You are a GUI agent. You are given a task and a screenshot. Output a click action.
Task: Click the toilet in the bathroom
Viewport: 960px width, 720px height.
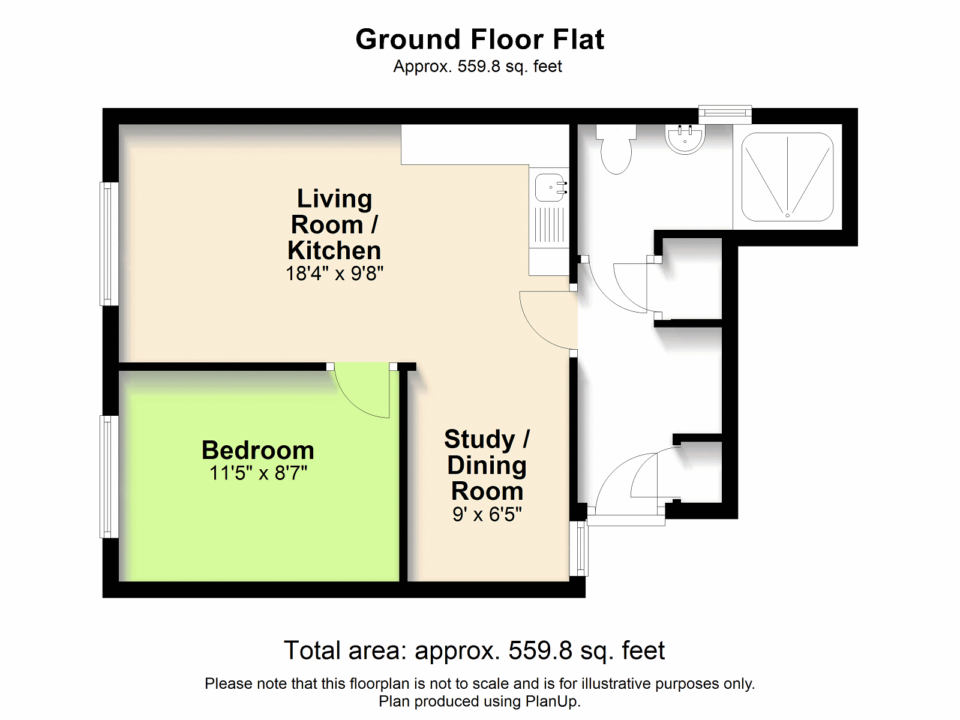[616, 149]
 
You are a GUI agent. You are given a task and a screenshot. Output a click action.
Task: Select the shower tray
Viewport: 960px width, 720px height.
[787, 176]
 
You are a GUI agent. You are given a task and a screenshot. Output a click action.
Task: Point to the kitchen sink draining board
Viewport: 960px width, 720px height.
[550, 224]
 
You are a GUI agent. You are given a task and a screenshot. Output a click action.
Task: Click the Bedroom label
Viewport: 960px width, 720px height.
[258, 450]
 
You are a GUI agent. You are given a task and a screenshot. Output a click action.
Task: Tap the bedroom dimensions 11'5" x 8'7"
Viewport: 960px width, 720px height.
[259, 473]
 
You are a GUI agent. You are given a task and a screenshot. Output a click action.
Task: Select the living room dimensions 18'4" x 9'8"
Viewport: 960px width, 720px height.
[335, 274]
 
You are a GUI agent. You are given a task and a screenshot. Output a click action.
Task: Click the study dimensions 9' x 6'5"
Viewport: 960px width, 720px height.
[487, 514]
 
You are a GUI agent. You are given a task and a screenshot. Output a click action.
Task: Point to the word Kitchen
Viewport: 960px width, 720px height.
[334, 250]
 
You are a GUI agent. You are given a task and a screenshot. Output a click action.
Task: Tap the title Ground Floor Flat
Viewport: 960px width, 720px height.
[480, 40]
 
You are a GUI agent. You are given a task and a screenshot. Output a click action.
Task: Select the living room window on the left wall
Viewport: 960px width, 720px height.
[109, 244]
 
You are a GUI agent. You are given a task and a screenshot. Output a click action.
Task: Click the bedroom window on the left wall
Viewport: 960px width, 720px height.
[109, 476]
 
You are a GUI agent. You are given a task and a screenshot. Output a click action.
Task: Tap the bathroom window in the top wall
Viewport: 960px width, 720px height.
[725, 115]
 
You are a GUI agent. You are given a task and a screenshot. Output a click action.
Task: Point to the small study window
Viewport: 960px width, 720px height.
[578, 548]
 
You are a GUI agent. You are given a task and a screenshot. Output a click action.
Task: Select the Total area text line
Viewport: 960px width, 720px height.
[475, 650]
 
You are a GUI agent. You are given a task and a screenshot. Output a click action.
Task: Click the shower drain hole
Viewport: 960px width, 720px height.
[788, 215]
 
